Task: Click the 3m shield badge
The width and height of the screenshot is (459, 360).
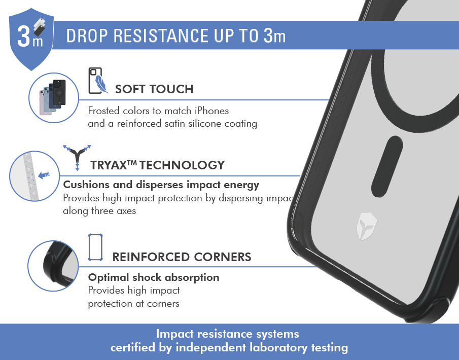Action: (31, 39)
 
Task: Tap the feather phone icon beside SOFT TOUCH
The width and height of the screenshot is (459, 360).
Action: (98, 81)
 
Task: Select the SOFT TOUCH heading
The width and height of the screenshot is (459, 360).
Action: (154, 89)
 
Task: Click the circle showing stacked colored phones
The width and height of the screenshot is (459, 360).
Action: (54, 98)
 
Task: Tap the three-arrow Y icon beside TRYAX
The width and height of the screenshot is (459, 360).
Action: (77, 157)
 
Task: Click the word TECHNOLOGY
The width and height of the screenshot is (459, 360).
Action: (182, 165)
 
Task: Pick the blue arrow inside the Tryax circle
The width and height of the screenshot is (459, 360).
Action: (44, 175)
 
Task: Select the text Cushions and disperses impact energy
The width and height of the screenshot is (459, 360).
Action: (161, 185)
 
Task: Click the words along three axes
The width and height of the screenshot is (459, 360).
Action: (99, 211)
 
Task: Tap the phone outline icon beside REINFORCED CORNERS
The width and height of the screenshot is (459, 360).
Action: (95, 247)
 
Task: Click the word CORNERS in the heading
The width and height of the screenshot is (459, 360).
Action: (223, 257)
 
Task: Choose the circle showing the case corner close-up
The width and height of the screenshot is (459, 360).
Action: (53, 266)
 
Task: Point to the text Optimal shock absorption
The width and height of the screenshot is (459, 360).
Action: (154, 277)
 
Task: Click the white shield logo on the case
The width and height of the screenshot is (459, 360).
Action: (367, 226)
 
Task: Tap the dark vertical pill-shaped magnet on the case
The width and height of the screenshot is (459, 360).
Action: (387, 166)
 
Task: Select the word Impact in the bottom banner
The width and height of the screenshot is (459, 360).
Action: (175, 334)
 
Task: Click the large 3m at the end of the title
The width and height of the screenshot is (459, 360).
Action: (274, 35)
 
